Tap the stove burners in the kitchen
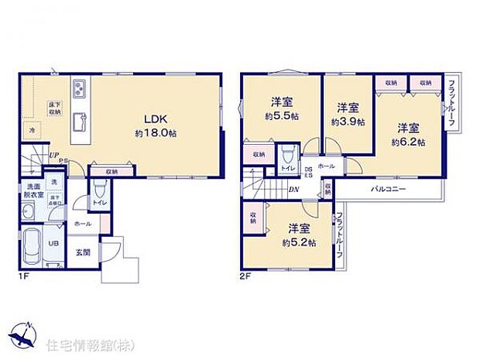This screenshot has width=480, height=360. [80, 90]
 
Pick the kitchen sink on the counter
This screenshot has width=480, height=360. [80, 121]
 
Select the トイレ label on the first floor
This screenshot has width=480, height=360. [98, 203]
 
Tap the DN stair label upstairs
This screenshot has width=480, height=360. [294, 189]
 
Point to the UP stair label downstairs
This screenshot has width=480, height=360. [54, 155]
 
